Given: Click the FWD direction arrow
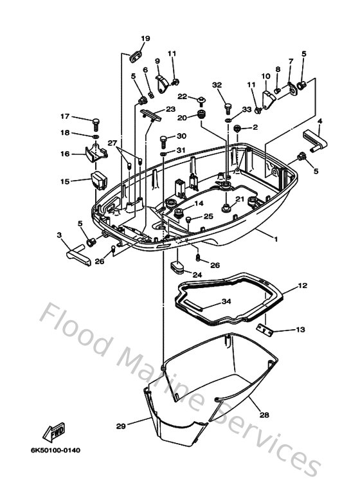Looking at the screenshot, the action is (54, 432).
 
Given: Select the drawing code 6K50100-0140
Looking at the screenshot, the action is (55, 450).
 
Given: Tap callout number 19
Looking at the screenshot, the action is (145, 39).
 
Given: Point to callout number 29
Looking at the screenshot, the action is (121, 426).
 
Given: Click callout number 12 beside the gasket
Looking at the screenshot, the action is (303, 285).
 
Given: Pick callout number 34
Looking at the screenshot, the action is (226, 301).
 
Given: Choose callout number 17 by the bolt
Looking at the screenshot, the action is (65, 116).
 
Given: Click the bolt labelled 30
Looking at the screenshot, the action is (163, 141).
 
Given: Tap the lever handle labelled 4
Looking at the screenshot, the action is (315, 140).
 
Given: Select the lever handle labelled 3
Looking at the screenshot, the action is (78, 255).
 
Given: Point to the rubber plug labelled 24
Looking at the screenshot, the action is (178, 267).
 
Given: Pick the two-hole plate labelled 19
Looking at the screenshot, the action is (135, 57).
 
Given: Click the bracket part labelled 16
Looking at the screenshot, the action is (96, 153).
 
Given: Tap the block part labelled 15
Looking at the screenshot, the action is (99, 181).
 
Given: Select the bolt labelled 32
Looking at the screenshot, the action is (228, 109).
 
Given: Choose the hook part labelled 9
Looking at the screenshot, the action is (163, 84).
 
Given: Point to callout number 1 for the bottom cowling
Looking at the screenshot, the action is (276, 239).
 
